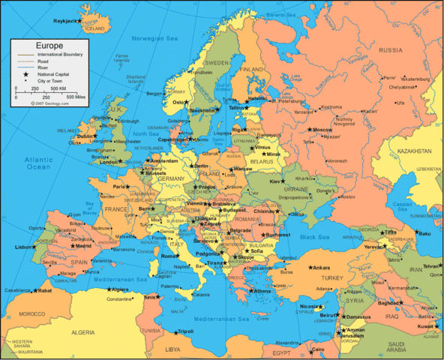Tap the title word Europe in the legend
[x=40, y=46]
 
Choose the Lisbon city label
[x=22, y=247]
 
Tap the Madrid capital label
[x=83, y=246]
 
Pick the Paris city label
[x=118, y=186]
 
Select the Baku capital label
[x=424, y=233]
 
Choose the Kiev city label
[x=276, y=181]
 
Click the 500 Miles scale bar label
[x=75, y=97]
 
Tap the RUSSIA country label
[x=389, y=50]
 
